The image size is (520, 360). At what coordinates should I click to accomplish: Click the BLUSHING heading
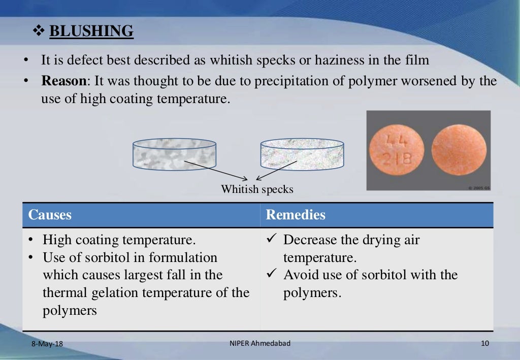coord(91,31)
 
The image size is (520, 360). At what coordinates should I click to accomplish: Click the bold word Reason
coord(63,81)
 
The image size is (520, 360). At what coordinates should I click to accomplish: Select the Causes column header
coord(50,215)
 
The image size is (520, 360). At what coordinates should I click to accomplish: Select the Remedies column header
coord(296,215)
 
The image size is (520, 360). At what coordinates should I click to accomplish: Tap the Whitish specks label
coord(257,189)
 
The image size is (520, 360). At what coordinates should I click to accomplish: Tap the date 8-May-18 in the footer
coord(47,344)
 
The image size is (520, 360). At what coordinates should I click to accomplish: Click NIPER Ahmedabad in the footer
coord(260,344)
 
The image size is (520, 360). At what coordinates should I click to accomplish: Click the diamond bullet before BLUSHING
coord(39,32)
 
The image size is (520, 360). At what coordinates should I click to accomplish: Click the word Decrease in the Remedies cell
coord(311,240)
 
